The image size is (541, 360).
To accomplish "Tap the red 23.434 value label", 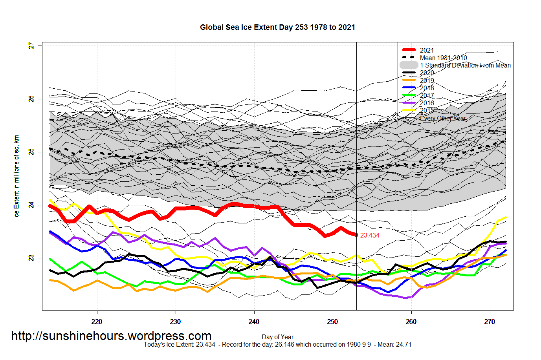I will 370,236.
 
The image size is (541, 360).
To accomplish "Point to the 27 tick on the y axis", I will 31,46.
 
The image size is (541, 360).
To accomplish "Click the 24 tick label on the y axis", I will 31,205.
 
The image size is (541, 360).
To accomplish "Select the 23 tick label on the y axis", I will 31,258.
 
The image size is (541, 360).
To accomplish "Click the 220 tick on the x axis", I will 97,322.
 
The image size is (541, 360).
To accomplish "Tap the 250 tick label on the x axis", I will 332,322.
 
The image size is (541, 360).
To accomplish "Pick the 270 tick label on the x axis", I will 490,322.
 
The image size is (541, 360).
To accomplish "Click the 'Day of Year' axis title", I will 277,337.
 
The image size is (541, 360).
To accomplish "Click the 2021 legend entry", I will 427,50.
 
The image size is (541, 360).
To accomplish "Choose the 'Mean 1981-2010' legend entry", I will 443,58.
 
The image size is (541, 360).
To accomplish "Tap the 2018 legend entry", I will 427,88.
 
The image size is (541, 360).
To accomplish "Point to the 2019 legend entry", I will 427,80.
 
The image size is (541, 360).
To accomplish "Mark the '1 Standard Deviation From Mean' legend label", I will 465,65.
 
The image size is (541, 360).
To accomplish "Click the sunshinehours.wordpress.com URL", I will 111,336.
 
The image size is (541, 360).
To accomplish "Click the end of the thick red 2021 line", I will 356,235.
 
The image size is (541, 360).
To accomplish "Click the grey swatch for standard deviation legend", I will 409,65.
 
